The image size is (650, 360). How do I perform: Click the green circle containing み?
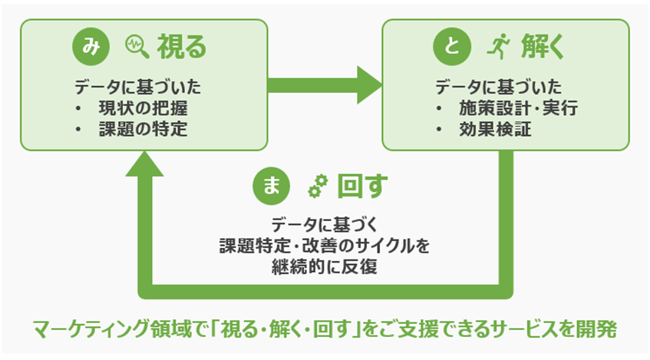tap(91, 47)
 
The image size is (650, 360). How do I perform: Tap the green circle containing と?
tap(452, 47)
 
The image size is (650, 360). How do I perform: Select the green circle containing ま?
tap(272, 186)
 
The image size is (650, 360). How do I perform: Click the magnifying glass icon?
tap(137, 47)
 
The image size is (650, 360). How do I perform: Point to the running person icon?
tap(498, 47)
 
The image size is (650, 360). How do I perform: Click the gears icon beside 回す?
tap(318, 186)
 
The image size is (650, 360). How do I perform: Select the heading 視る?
tap(182, 47)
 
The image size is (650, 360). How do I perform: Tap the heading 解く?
tap(543, 47)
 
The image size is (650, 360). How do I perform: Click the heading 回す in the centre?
tap(363, 186)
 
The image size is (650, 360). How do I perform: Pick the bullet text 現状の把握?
tap(143, 108)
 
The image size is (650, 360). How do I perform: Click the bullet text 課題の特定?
tap(143, 129)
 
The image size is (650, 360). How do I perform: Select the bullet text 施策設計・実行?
tap(518, 108)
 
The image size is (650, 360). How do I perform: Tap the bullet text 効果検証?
tap(495, 129)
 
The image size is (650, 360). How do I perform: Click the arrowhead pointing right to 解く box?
tap(370, 85)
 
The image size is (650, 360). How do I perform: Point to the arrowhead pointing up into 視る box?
tap(145, 163)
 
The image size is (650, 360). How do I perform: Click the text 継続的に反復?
tap(325, 266)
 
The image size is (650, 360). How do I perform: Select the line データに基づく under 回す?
tap(325, 225)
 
